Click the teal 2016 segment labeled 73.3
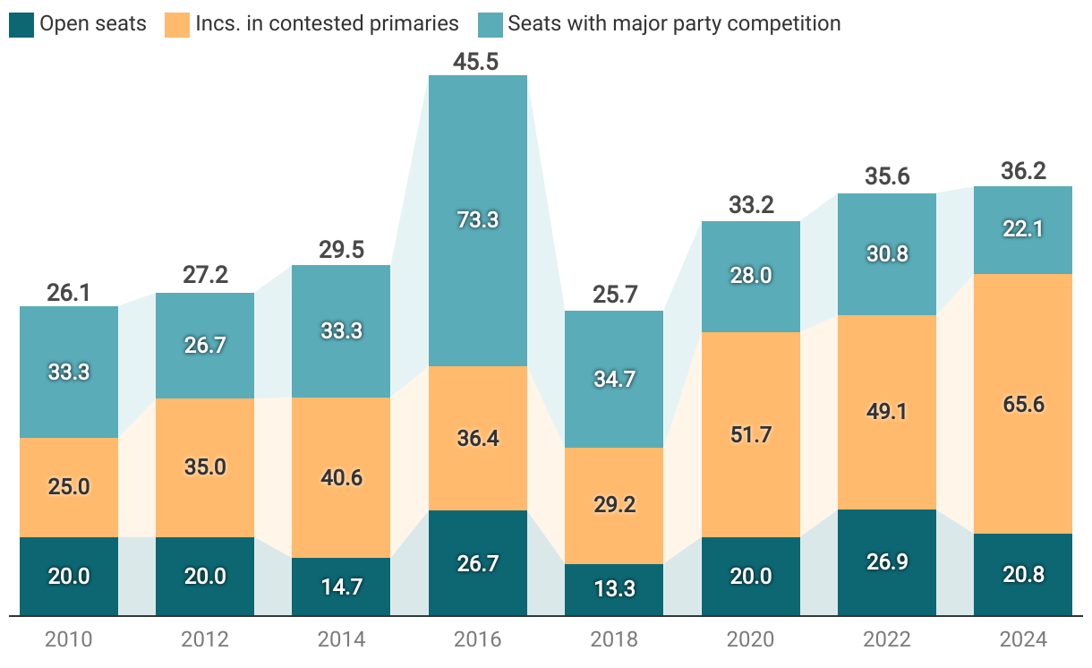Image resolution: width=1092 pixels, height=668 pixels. [x=477, y=220]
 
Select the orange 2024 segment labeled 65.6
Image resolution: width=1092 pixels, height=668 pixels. [x=1022, y=404]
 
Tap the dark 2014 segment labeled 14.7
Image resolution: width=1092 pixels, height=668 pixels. [x=341, y=587]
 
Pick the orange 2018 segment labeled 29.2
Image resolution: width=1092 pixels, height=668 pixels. [x=614, y=505]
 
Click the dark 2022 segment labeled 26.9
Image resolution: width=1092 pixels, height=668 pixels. [x=886, y=562]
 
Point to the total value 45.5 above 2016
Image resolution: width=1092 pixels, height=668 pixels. [x=477, y=62]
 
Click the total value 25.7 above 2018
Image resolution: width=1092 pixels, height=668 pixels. [x=614, y=295]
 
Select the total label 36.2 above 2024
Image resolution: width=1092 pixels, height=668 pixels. [x=1023, y=171]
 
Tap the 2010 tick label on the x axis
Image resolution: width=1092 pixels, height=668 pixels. [x=69, y=639]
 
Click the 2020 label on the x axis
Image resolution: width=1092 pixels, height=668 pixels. [x=750, y=639]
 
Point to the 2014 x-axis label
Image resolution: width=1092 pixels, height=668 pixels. [x=341, y=639]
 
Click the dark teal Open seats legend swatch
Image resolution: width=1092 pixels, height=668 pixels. [x=21, y=24]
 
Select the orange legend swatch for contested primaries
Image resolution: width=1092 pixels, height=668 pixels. [x=176, y=24]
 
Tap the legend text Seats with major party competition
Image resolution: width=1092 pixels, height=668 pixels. [x=674, y=24]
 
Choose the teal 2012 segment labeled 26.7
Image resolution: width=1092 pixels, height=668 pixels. [x=205, y=346]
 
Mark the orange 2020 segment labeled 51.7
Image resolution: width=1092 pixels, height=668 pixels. [x=750, y=434]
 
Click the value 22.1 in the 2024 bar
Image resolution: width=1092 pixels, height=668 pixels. [x=1022, y=230]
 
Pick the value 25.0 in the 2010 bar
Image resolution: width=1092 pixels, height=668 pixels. [x=69, y=487]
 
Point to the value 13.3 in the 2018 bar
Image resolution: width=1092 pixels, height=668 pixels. [x=614, y=589]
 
